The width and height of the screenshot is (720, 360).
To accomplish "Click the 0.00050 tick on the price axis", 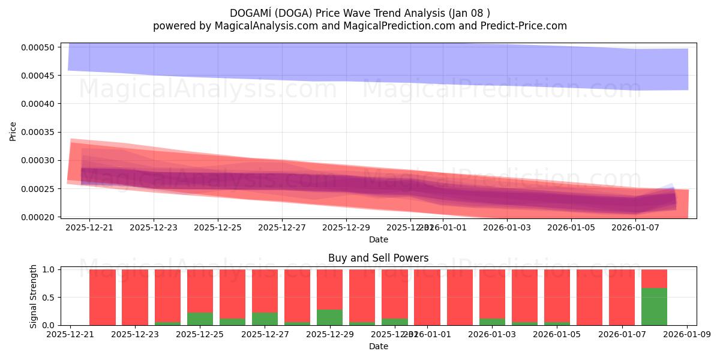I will pos(39,47).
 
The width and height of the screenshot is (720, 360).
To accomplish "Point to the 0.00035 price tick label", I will pos(39,132).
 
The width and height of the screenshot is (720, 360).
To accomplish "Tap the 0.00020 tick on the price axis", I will pos(39,217).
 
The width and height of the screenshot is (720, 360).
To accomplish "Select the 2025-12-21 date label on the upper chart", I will pos(89,227).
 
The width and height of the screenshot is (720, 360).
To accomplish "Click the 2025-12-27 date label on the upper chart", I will pos(282,227).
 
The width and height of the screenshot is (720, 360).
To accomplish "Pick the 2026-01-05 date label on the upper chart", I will pos(571,227).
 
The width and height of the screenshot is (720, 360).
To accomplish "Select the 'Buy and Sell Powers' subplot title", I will pos(378,259).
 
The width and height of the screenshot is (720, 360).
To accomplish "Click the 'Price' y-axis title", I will pos(13,131).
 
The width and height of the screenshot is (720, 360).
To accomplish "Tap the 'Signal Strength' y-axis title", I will pos(34,296).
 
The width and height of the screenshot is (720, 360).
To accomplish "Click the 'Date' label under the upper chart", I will pos(378,239).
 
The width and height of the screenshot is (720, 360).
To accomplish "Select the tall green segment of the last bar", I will pos(654,307).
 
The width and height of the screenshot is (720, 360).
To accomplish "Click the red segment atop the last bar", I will pos(654,278).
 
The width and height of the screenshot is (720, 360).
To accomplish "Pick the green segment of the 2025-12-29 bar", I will pos(329,317).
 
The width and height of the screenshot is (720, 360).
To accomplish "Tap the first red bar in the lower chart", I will pos(102,297).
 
